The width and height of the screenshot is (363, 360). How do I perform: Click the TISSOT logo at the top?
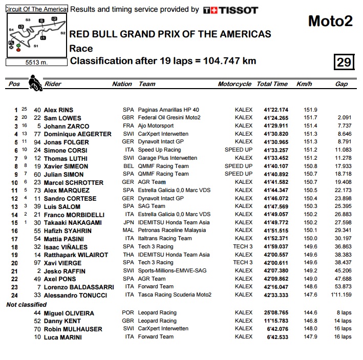coord(230,10)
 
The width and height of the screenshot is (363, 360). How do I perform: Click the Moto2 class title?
coord(330,21)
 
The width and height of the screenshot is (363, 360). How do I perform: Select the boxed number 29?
coord(344,62)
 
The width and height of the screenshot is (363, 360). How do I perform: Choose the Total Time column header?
coord(272,84)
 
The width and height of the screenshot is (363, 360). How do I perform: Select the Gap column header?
coord(341,84)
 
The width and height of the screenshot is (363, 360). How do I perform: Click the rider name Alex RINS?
coord(58,110)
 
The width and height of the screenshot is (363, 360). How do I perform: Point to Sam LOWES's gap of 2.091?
coord(344,118)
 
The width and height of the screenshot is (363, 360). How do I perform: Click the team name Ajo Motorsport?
coord(156,125)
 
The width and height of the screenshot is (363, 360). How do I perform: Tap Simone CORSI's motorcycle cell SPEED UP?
coord(239,150)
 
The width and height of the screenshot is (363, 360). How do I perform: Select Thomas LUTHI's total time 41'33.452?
coord(276,158)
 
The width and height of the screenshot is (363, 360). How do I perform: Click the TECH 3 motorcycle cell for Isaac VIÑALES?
coord(243,246)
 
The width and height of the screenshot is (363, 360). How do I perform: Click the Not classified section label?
coord(26,305)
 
